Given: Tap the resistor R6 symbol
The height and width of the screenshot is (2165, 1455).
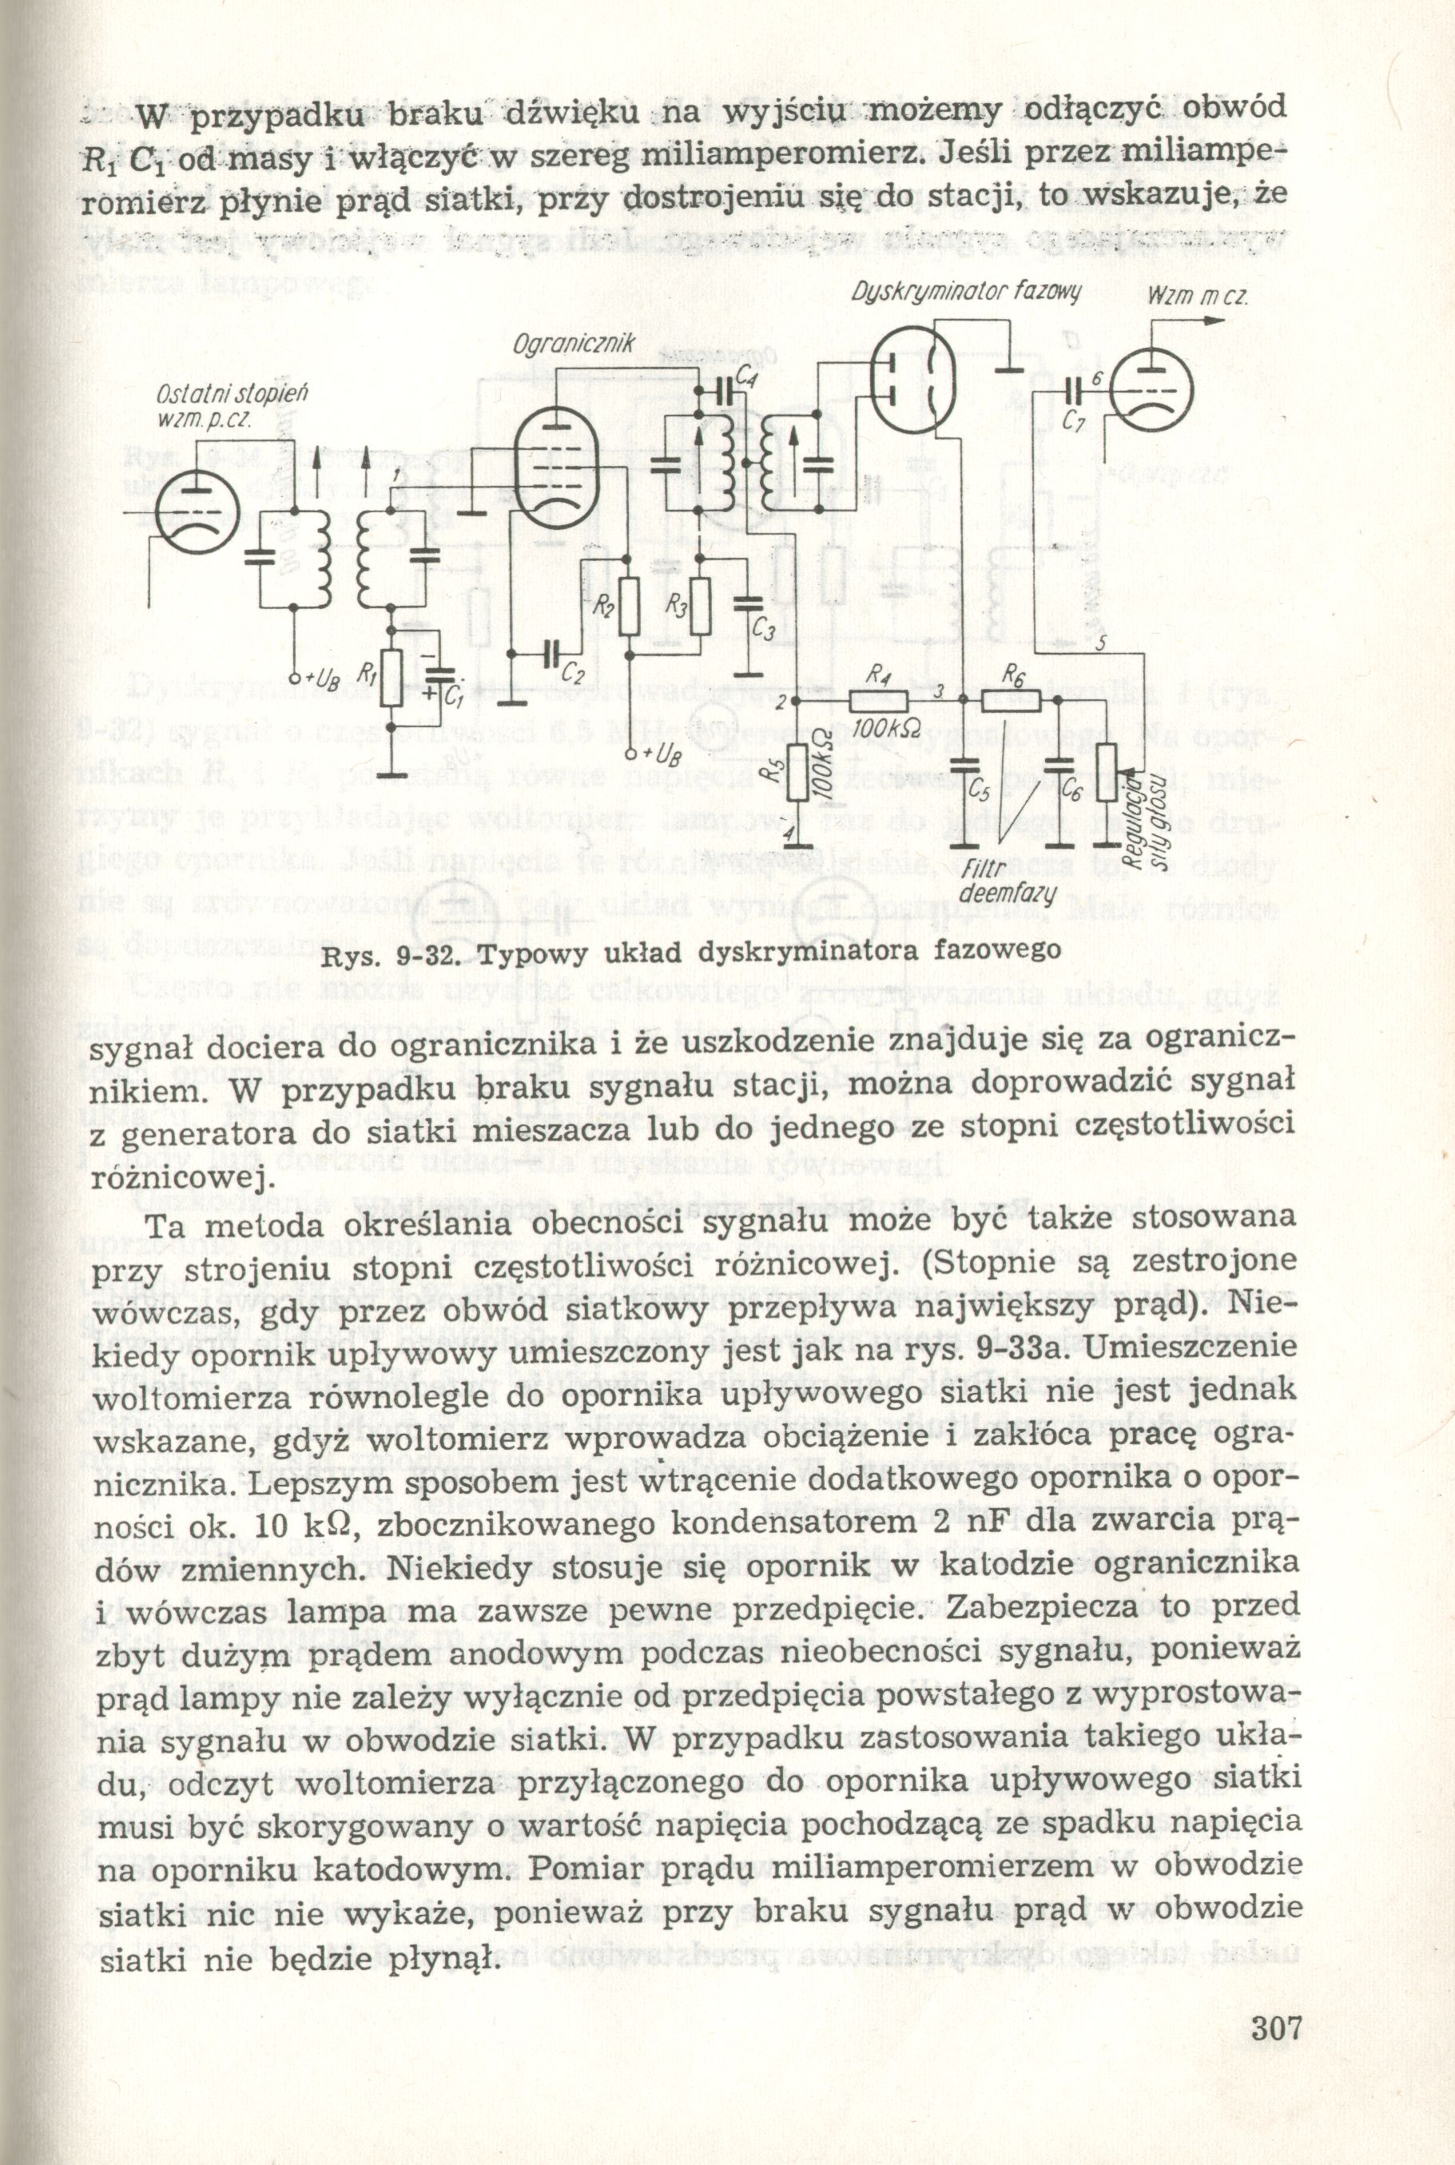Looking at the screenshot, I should [1011, 702].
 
